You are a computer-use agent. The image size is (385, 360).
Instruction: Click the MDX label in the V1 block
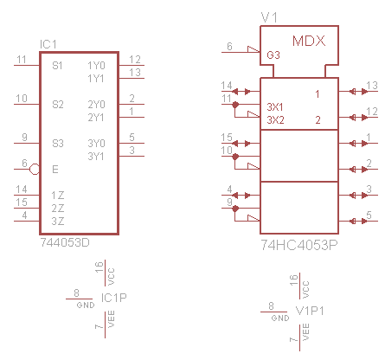click(309, 41)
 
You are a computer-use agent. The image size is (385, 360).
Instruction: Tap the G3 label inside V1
click(273, 55)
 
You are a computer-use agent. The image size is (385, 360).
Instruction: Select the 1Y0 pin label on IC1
click(96, 66)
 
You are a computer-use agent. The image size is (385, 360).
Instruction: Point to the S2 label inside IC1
click(58, 104)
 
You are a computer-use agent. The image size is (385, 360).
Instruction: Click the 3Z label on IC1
click(58, 222)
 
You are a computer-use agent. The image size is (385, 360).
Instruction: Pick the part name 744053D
click(65, 242)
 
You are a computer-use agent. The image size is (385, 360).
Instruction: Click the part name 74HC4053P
click(299, 245)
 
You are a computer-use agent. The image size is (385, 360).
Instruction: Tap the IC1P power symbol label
click(114, 298)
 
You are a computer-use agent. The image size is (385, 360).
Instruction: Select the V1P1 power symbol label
click(310, 311)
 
